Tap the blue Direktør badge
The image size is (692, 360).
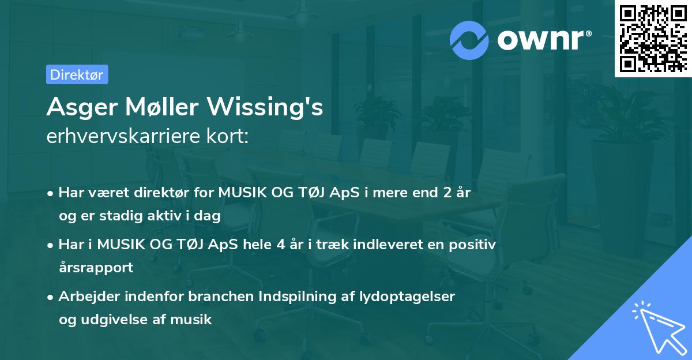tap(77, 74)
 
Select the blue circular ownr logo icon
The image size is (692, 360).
tap(469, 39)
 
